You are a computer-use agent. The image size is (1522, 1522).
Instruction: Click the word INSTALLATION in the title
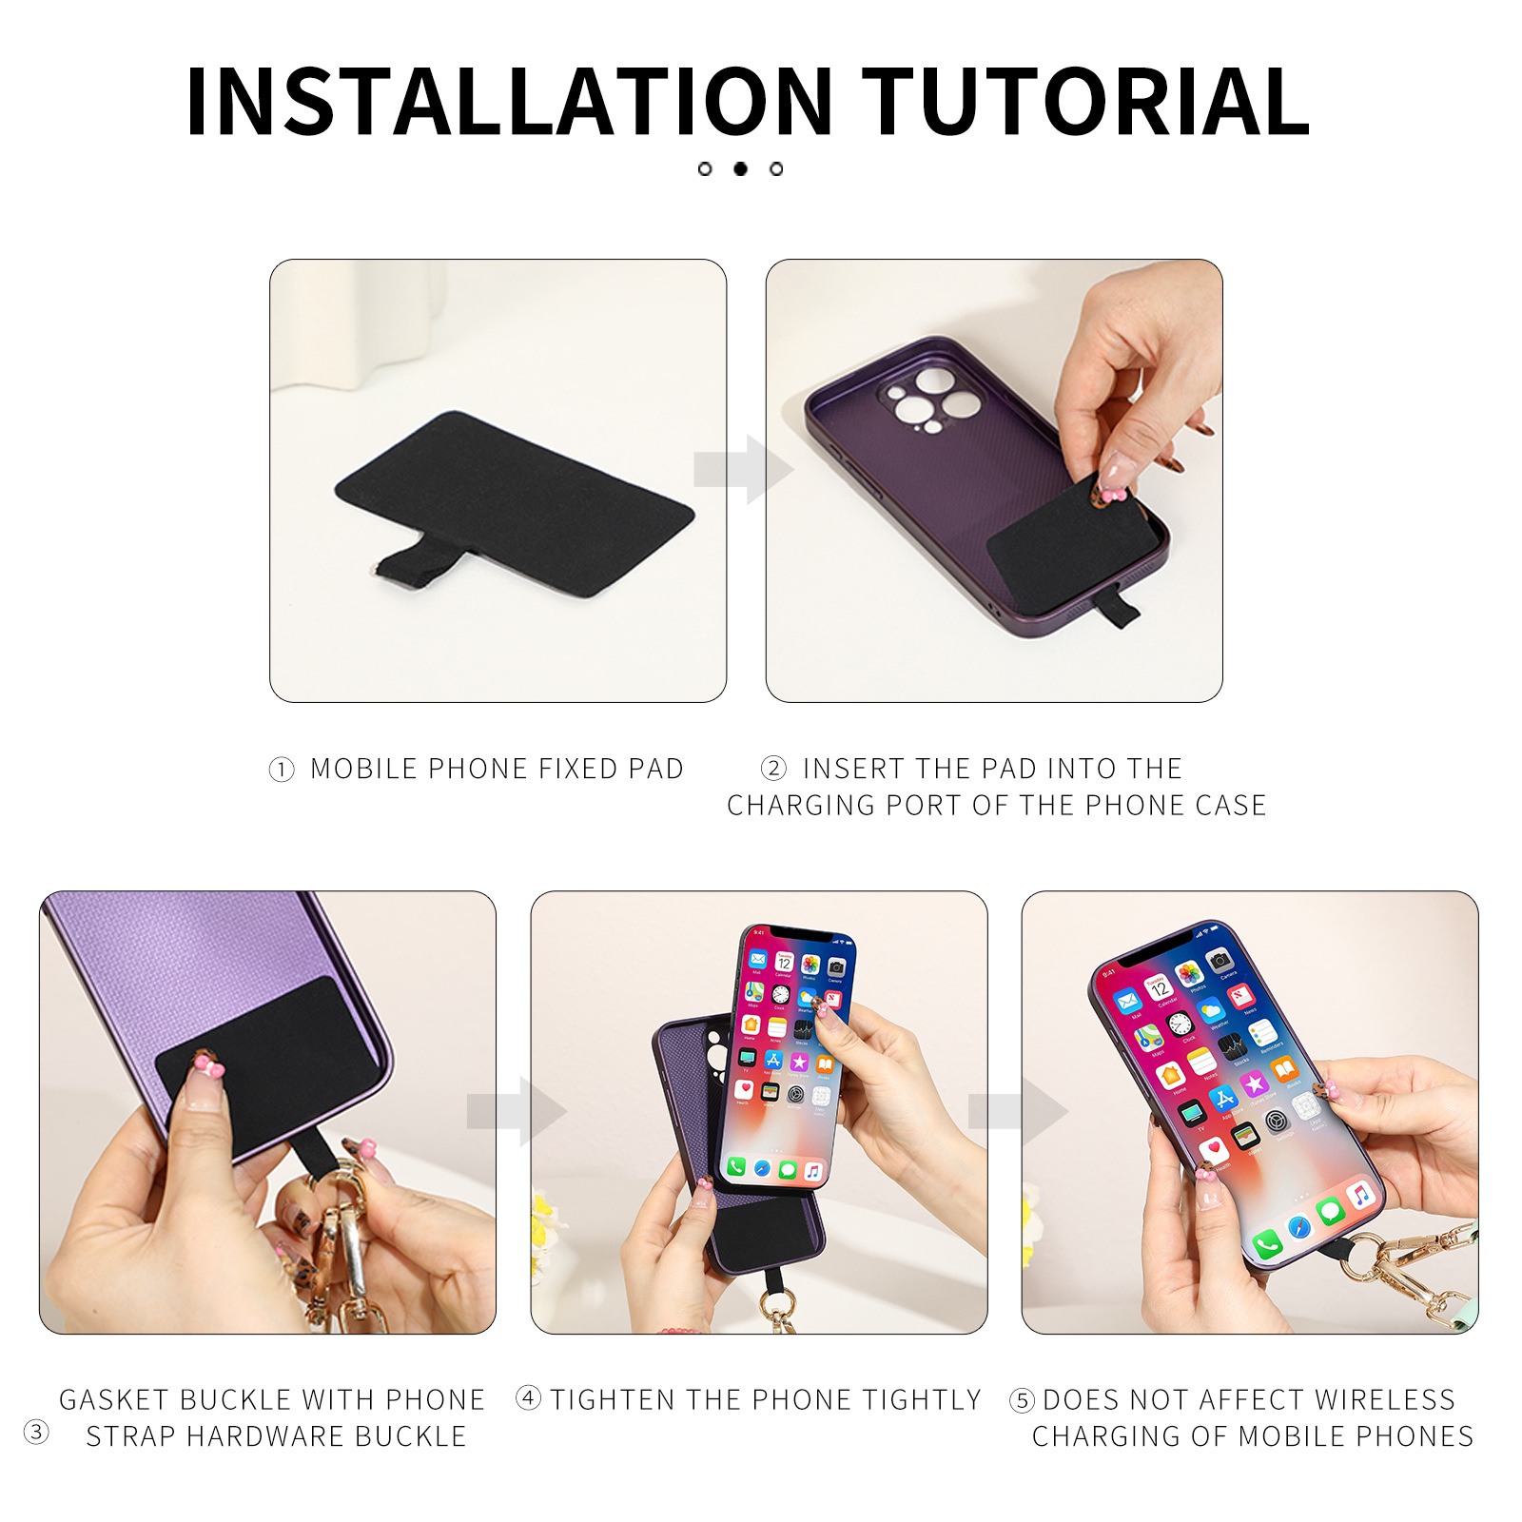point(509,102)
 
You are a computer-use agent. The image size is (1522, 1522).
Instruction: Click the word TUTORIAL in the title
point(1085,102)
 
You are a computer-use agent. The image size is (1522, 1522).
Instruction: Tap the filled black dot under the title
point(740,168)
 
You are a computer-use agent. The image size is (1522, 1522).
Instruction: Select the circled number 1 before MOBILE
point(282,770)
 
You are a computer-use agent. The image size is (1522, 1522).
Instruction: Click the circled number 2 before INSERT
point(773,768)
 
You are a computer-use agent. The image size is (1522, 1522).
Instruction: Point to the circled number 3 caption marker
point(36,1432)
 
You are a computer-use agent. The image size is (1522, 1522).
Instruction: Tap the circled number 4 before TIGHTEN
point(528,1398)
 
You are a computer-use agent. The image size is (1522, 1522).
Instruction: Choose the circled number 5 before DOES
point(1022,1400)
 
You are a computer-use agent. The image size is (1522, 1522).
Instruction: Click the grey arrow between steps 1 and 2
point(743,469)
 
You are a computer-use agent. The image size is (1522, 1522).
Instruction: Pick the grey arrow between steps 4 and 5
point(1017,1111)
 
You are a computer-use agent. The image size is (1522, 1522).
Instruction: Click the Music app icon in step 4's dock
point(812,1171)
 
